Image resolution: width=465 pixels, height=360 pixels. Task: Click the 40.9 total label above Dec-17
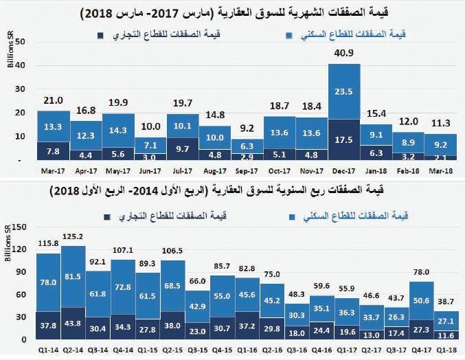click(345, 53)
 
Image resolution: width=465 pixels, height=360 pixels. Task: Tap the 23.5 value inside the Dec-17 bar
click(345, 91)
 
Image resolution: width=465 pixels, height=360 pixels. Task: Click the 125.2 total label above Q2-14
click(73, 237)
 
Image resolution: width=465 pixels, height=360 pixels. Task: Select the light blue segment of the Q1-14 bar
click(48, 282)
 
